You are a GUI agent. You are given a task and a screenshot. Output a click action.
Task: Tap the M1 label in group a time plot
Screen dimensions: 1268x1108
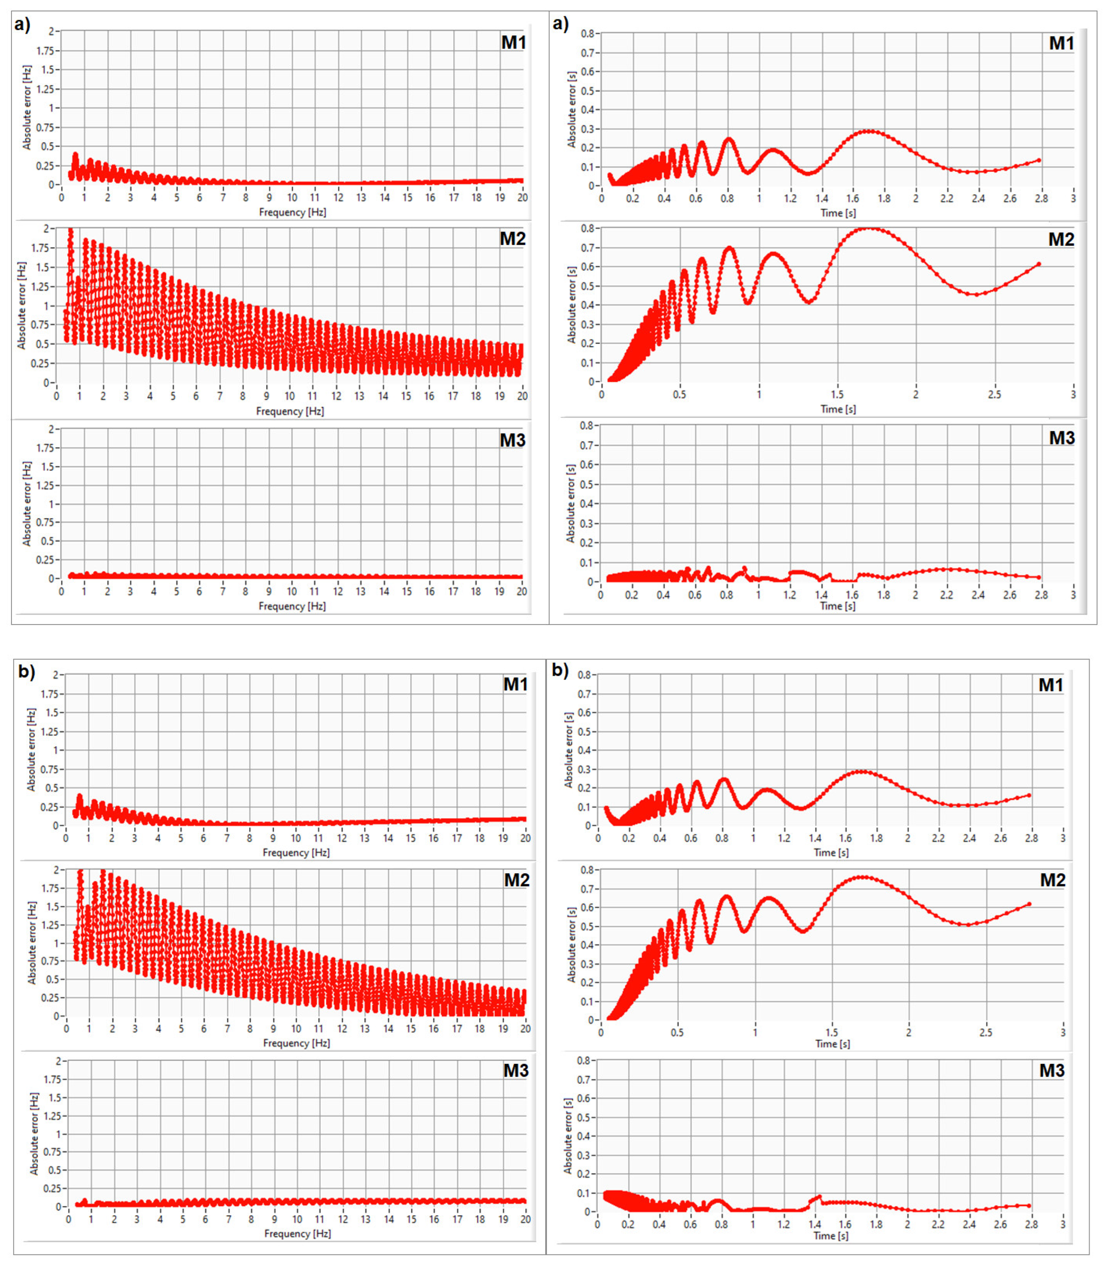coord(1061,43)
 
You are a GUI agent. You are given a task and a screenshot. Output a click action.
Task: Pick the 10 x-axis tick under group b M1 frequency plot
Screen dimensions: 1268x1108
coord(295,838)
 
